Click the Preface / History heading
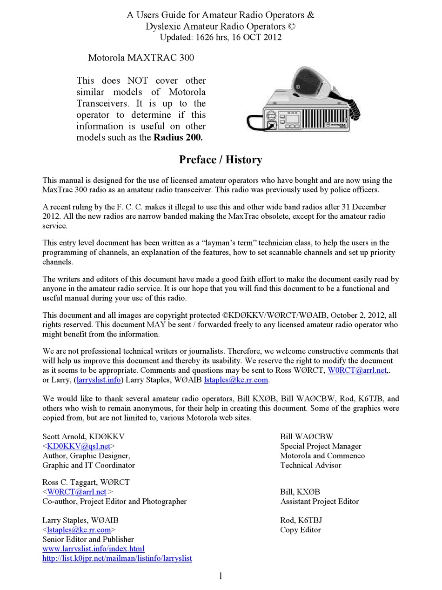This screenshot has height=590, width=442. coord(221,160)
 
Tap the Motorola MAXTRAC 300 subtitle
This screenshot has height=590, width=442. coord(141,58)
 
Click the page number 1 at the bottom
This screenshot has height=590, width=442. coord(221,576)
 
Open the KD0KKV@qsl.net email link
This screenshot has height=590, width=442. coord(79,446)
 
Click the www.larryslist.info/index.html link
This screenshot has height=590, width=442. coord(93,549)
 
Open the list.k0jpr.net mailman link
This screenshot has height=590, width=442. coord(117,558)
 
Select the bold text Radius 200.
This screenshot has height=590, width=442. coord(178,137)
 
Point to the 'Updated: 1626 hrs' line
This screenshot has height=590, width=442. coord(221,37)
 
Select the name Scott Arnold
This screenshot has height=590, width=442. coord(64,436)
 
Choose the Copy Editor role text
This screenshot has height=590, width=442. coord(300,530)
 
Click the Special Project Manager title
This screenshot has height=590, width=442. coord(321,446)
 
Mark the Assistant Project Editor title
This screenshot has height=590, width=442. coord(319,502)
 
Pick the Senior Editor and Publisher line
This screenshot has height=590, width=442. coord(88,539)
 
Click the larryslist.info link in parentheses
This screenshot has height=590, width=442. coord(99,380)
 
